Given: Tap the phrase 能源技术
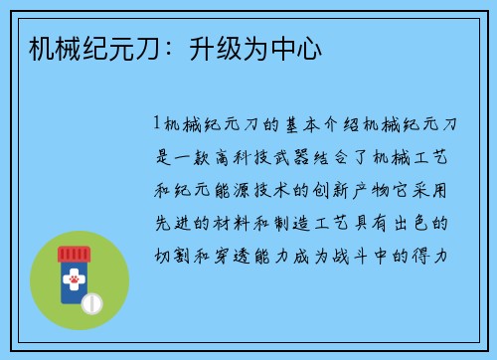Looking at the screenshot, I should point(249,188).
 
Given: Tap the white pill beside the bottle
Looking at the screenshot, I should point(91,301).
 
